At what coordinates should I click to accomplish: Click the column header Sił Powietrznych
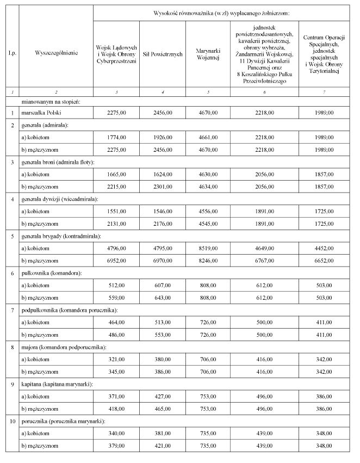[161, 54]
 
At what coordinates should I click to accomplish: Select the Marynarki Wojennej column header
[207, 54]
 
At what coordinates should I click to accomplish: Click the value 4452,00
[325, 248]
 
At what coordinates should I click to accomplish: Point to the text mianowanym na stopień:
[51, 101]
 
